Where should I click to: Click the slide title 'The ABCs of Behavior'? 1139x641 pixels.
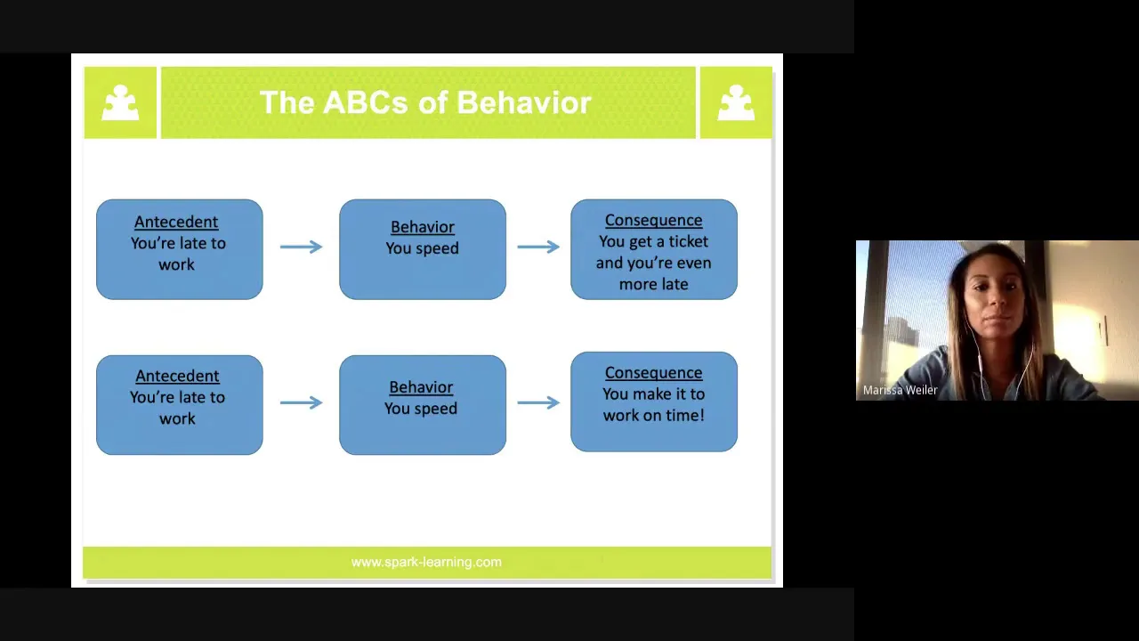pyautogui.click(x=425, y=102)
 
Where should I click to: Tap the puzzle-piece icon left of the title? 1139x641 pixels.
pyautogui.click(x=120, y=102)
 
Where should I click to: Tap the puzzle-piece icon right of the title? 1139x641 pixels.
pyautogui.click(x=736, y=102)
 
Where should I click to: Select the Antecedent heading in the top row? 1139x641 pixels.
pyautogui.click(x=176, y=222)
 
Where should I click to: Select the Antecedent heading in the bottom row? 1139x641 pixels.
pyautogui.click(x=177, y=376)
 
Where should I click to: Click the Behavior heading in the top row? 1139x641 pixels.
pyautogui.click(x=422, y=227)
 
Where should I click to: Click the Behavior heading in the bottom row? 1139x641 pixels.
pyautogui.click(x=421, y=387)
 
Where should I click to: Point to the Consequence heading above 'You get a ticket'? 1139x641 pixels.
pyautogui.click(x=653, y=220)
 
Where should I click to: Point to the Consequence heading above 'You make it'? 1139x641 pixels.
pyautogui.click(x=653, y=373)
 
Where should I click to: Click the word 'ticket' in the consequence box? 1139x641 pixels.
pyautogui.click(x=688, y=241)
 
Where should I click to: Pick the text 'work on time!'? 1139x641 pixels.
pyautogui.click(x=653, y=415)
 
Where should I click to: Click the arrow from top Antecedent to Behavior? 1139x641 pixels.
pyautogui.click(x=301, y=247)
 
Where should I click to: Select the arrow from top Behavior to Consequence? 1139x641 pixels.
pyautogui.click(x=538, y=247)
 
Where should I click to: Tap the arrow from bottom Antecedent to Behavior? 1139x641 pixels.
pyautogui.click(x=301, y=402)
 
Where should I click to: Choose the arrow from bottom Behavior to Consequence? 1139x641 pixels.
pyautogui.click(x=538, y=402)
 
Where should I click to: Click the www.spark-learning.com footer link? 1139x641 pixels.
pyautogui.click(x=426, y=562)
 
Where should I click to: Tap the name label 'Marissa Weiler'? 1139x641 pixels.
pyautogui.click(x=900, y=390)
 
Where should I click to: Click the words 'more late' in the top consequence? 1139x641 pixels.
pyautogui.click(x=653, y=284)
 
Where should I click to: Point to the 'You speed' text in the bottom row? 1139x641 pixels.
pyautogui.click(x=421, y=409)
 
